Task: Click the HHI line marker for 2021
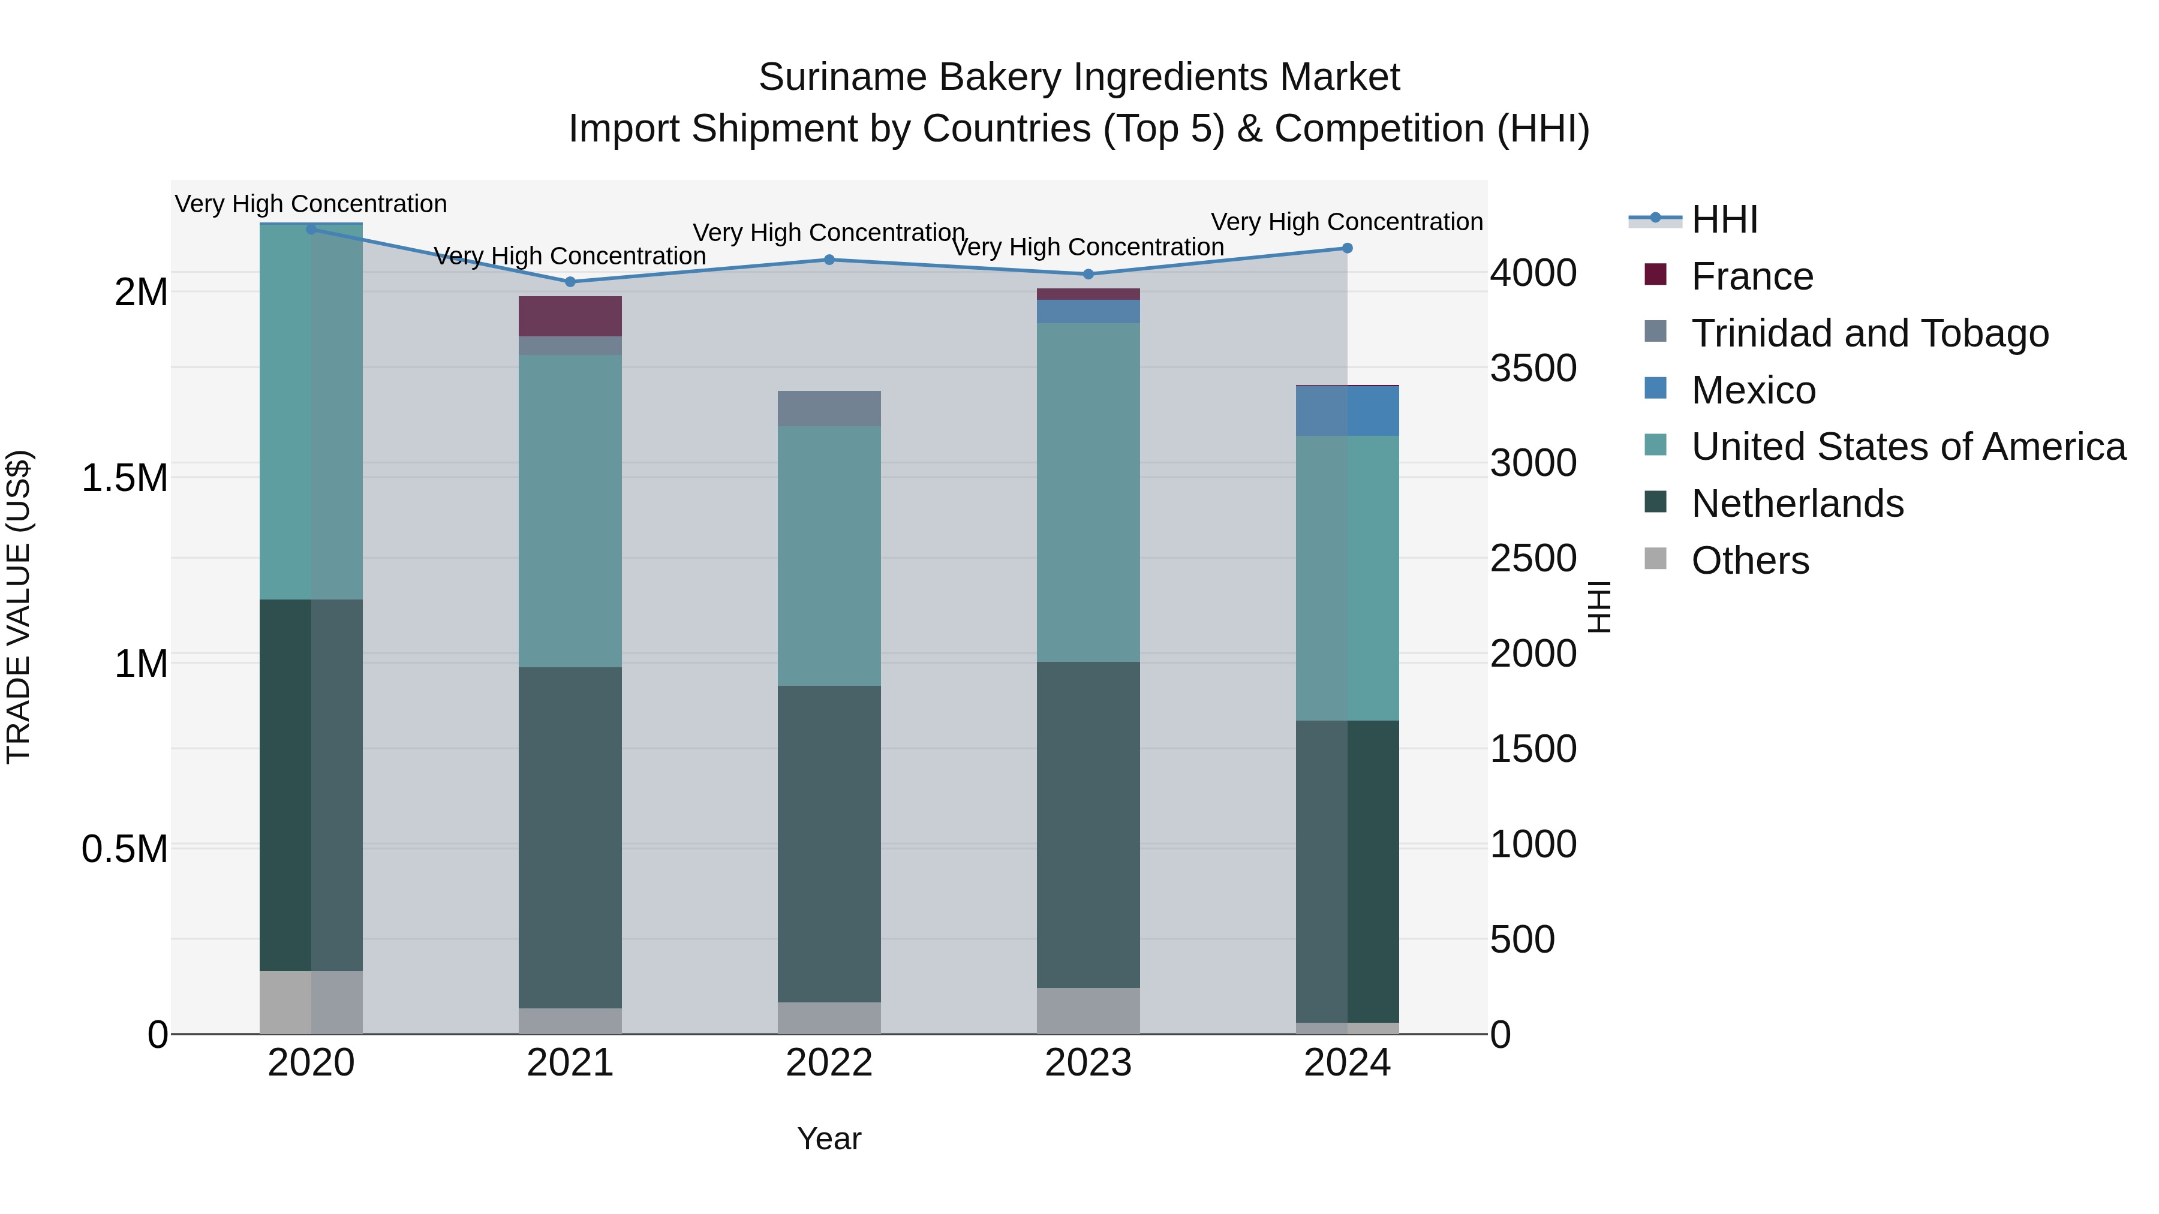click(570, 282)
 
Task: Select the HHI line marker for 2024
click(1347, 248)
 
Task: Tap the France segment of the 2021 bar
click(570, 316)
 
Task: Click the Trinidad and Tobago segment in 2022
click(829, 408)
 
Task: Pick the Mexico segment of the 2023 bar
click(1088, 311)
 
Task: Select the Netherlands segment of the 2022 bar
click(829, 844)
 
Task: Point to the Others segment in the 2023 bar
click(1088, 1010)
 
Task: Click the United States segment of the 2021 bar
click(570, 510)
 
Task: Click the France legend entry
click(1752, 276)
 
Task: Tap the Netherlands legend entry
click(1797, 504)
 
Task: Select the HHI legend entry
click(1724, 219)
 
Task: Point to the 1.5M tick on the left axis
click(124, 478)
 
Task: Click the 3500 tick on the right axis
click(1533, 368)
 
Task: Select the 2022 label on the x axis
click(829, 1063)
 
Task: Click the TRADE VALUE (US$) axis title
click(19, 607)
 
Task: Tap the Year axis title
click(829, 1138)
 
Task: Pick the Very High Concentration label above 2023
click(1088, 247)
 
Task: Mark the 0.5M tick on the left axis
click(124, 849)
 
